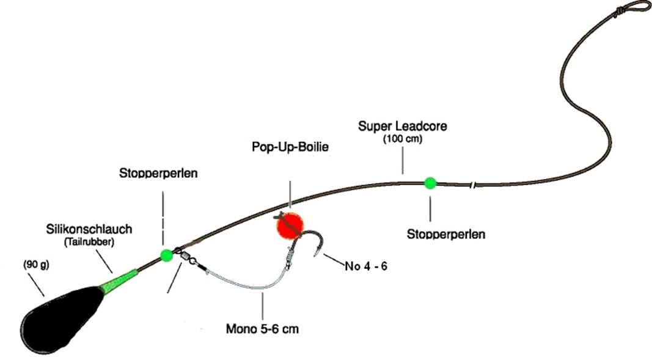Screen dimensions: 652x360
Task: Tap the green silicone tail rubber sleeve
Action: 119,279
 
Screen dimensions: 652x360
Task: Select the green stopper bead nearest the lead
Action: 166,255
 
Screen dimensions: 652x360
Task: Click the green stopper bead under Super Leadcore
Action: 430,183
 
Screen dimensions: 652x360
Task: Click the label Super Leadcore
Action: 403,126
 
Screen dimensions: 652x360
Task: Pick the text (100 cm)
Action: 403,139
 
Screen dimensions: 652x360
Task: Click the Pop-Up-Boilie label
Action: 290,147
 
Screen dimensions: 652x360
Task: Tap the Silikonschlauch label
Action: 89,229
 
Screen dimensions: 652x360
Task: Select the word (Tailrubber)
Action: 89,242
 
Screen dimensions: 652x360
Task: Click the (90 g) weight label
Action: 36,265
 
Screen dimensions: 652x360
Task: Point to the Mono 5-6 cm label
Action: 262,329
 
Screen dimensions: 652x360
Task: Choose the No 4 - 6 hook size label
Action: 366,266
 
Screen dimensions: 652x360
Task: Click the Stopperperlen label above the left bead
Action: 158,173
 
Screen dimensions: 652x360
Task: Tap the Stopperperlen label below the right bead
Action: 445,234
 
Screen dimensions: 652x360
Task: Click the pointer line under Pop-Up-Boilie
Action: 290,194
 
